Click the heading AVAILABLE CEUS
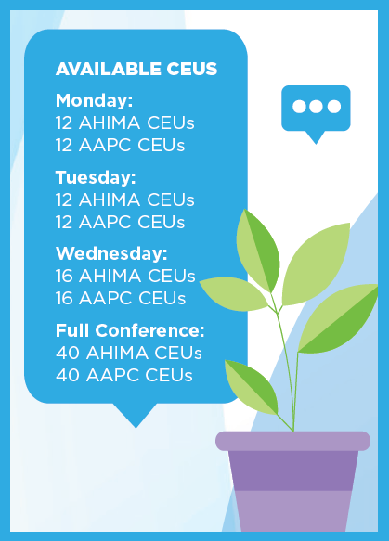coord(136,69)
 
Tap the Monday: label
coord(94,101)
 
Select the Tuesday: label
coord(96,177)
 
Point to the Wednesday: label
coord(111,253)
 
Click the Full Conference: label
coord(130,330)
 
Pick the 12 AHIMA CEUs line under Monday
coord(125,122)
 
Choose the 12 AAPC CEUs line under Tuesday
coord(120,222)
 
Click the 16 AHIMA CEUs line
coord(125,276)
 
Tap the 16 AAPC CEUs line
coord(121,298)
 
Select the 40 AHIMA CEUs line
coord(128,353)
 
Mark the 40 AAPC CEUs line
coord(123,375)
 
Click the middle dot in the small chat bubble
coord(316,107)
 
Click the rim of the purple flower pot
coord(292,441)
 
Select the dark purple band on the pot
coord(293,470)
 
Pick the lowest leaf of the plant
coord(252,386)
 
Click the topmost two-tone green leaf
coord(258,251)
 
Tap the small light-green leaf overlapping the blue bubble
coord(234,293)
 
